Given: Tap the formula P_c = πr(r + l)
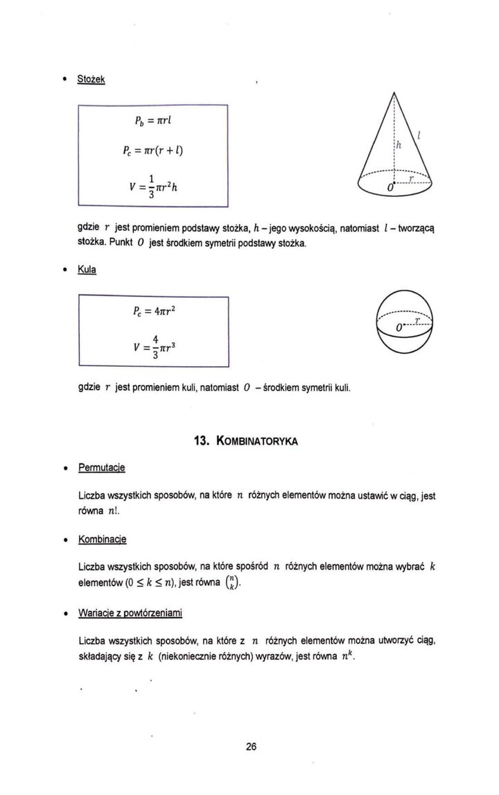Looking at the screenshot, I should pos(159,151).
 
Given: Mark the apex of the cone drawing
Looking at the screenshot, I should pos(393,92).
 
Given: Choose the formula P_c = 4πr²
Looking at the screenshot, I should pos(157,311).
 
